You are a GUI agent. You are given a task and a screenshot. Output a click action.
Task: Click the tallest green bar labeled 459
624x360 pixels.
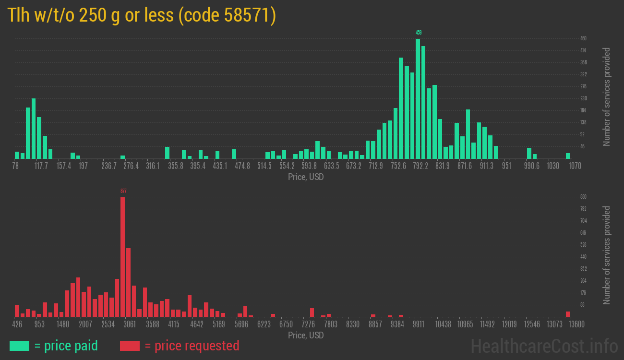pyautogui.click(x=418, y=98)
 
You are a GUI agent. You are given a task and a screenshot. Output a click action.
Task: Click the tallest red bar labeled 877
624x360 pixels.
pyautogui.click(x=123, y=257)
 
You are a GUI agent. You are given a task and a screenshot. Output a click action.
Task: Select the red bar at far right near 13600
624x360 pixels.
pyautogui.click(x=568, y=314)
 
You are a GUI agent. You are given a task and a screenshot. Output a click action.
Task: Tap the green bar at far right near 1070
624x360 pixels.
pyautogui.click(x=568, y=156)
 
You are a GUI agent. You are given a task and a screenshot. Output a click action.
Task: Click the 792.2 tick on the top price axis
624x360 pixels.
pyautogui.click(x=420, y=166)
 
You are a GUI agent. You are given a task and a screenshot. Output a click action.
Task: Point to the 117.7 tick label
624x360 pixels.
pyautogui.click(x=41, y=166)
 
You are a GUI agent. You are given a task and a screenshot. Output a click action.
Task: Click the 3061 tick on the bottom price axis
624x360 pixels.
pyautogui.click(x=130, y=324)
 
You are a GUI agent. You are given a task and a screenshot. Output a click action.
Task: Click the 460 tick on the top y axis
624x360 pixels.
pyautogui.click(x=583, y=38)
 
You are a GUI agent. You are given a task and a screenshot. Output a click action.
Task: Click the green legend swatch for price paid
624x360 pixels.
pyautogui.click(x=19, y=346)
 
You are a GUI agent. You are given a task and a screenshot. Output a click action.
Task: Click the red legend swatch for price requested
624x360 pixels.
pyautogui.click(x=130, y=346)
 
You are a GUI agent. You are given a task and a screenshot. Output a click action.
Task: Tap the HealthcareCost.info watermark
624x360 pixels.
pyautogui.click(x=544, y=346)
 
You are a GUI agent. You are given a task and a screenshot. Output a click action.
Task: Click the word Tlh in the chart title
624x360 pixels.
pyautogui.click(x=18, y=16)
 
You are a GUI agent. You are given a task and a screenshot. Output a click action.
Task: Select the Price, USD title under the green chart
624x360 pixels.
pyautogui.click(x=306, y=177)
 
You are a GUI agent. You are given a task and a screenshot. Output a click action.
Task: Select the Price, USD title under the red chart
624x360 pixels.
pyautogui.click(x=306, y=335)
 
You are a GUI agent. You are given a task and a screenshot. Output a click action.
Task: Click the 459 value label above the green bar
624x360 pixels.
pyautogui.click(x=419, y=33)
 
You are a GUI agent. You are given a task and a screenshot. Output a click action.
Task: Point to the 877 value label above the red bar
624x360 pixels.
pyautogui.click(x=123, y=191)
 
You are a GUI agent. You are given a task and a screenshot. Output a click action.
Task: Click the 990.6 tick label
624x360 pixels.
pyautogui.click(x=532, y=166)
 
